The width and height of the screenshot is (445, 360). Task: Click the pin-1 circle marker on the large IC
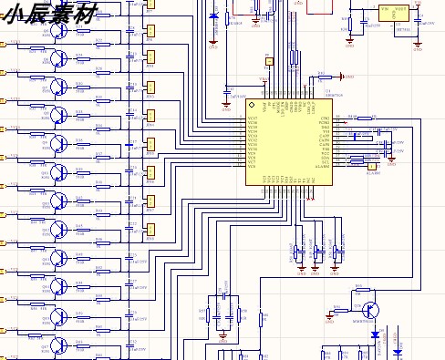pos(253,108)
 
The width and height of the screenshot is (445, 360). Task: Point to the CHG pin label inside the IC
pos(325,118)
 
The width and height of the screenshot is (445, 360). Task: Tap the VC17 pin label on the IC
pos(253,118)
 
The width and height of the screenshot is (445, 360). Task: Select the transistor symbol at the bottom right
pos(371,311)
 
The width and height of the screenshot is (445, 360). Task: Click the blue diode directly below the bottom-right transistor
pos(375,334)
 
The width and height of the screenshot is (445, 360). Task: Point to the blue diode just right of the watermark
pos(213,15)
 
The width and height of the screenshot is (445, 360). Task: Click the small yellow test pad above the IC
pos(269,62)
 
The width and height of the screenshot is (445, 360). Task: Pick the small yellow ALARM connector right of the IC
pos(370,166)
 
